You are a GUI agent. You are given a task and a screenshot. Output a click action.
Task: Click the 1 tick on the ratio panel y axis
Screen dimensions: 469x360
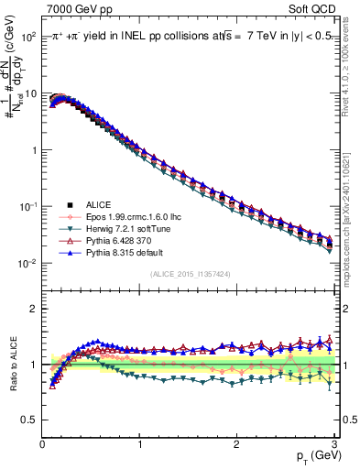(33, 365)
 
